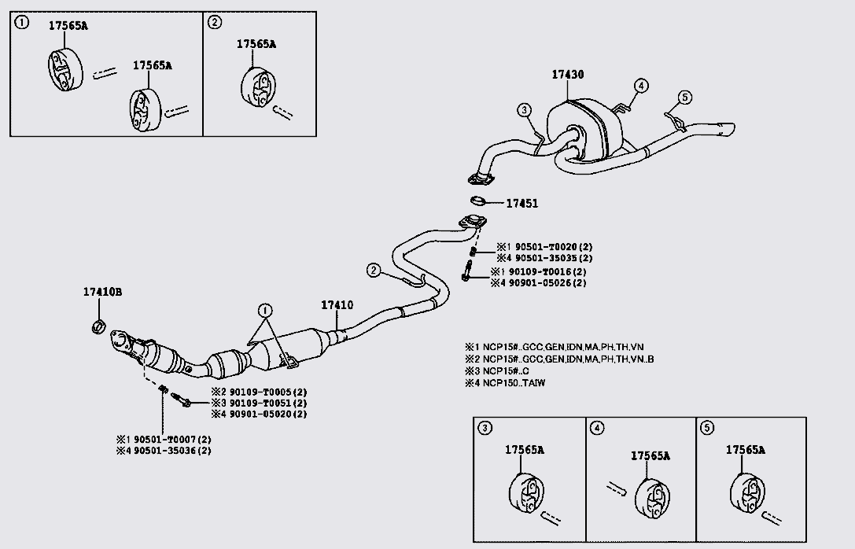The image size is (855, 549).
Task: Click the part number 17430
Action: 567,75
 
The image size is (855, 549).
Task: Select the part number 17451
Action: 521,203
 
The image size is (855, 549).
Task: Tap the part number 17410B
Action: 102,292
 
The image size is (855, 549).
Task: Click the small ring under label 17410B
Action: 98,326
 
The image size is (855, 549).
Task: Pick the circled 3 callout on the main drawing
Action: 525,109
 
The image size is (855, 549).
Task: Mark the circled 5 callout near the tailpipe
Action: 684,97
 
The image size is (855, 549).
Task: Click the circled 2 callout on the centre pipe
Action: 373,271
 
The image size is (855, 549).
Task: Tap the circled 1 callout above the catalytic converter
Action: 265,309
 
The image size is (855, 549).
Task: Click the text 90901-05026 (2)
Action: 538,282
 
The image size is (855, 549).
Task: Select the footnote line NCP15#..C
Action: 499,370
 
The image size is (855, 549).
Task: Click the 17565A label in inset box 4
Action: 650,455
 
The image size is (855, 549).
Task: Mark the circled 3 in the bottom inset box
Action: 485,428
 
